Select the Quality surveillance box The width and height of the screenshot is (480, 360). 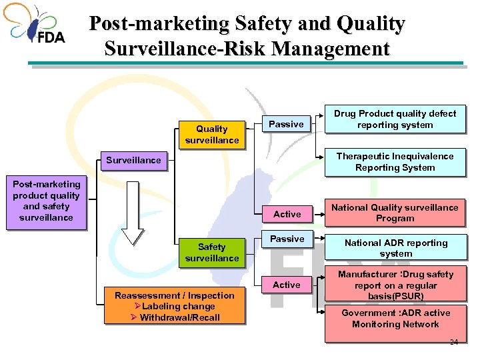(211, 134)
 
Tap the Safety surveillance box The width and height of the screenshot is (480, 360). (211, 252)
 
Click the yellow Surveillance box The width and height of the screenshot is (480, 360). (133, 160)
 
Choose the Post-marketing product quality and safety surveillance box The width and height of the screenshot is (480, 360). (46, 201)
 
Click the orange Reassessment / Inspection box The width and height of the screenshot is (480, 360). (175, 306)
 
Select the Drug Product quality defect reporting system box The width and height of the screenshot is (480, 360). (395, 119)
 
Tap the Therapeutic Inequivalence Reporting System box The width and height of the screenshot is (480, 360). (395, 162)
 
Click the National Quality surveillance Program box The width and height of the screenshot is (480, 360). (395, 213)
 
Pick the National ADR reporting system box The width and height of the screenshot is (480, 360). (395, 248)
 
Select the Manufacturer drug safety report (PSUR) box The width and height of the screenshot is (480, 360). (395, 285)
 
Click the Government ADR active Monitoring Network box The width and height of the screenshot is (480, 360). (395, 318)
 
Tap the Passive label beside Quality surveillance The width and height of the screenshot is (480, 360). (286, 124)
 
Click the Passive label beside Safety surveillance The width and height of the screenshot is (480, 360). (286, 239)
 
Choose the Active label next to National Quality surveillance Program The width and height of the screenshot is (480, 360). (287, 214)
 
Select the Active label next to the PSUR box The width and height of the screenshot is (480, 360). (286, 285)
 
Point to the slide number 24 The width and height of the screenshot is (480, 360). (453, 342)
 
